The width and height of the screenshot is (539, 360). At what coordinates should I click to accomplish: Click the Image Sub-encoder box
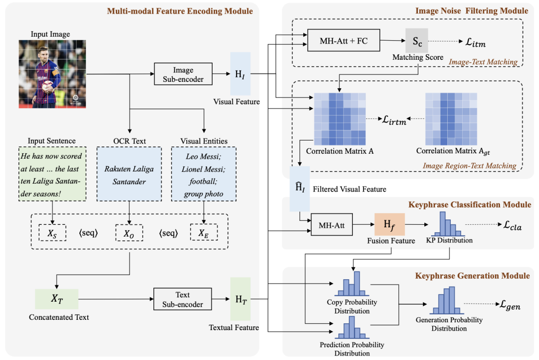pos(183,74)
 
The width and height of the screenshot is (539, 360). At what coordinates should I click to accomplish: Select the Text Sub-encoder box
pos(183,299)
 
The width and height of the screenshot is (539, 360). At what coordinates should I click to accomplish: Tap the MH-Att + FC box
pos(343,40)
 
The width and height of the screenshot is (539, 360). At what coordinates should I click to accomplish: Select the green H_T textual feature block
pos(241,298)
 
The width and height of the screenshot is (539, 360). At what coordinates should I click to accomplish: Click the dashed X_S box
pos(52,233)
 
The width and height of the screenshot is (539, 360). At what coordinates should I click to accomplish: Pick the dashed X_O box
pos(129,233)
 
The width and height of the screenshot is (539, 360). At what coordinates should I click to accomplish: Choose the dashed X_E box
pos(203,233)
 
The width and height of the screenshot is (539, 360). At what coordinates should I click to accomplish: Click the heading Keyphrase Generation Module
pos(471,276)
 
